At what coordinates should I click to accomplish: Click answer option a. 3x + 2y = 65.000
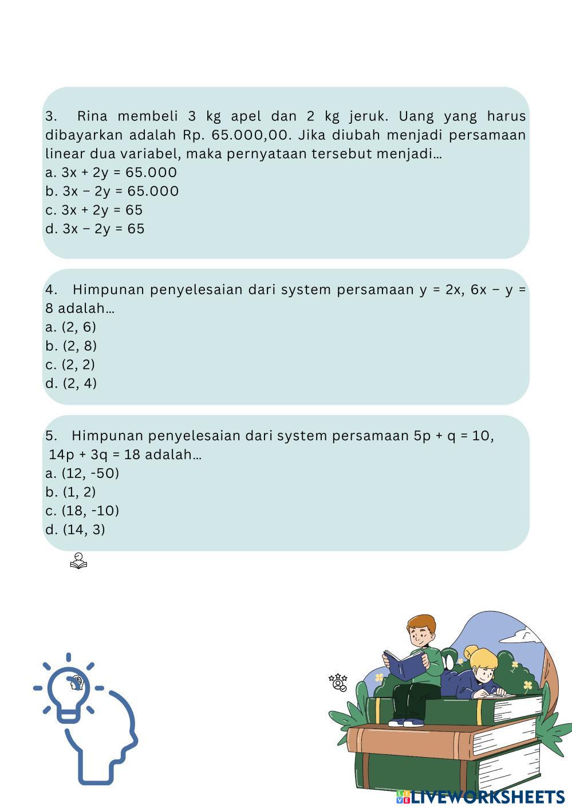pyautogui.click(x=111, y=173)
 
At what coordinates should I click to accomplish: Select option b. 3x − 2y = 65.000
pyautogui.click(x=112, y=191)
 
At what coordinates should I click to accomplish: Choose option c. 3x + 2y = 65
pyautogui.click(x=94, y=210)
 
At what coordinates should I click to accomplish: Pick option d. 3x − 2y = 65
pyautogui.click(x=95, y=229)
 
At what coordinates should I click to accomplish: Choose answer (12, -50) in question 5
pyautogui.click(x=82, y=473)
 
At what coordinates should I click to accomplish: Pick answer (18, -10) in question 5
pyautogui.click(x=82, y=511)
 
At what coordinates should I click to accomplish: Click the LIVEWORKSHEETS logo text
pyautogui.click(x=487, y=797)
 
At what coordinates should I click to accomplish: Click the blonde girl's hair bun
pyautogui.click(x=471, y=651)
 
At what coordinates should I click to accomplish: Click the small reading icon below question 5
pyautogui.click(x=78, y=562)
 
